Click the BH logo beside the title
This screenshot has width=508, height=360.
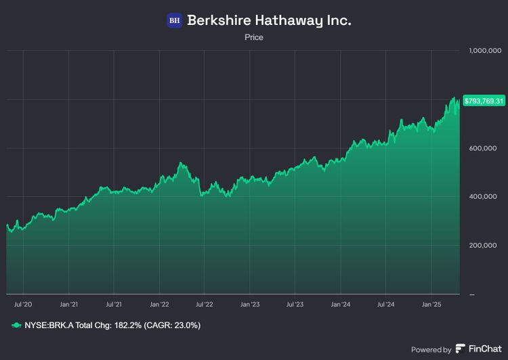point(174,20)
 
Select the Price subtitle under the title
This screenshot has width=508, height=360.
point(254,38)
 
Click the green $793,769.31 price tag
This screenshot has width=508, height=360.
point(484,101)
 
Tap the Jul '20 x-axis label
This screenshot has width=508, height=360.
point(24,305)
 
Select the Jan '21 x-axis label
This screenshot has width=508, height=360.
point(68,305)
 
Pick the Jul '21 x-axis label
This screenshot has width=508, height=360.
point(114,305)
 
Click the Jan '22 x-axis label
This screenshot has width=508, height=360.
point(159,305)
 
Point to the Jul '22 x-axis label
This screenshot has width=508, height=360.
point(205,305)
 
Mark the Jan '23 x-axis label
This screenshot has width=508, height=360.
point(250,305)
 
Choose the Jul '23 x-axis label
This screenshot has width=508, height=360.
point(295,305)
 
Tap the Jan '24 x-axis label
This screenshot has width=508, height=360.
point(341,305)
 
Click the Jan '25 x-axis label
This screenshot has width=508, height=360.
point(431,305)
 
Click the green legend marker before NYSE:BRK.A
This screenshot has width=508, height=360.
point(16,325)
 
